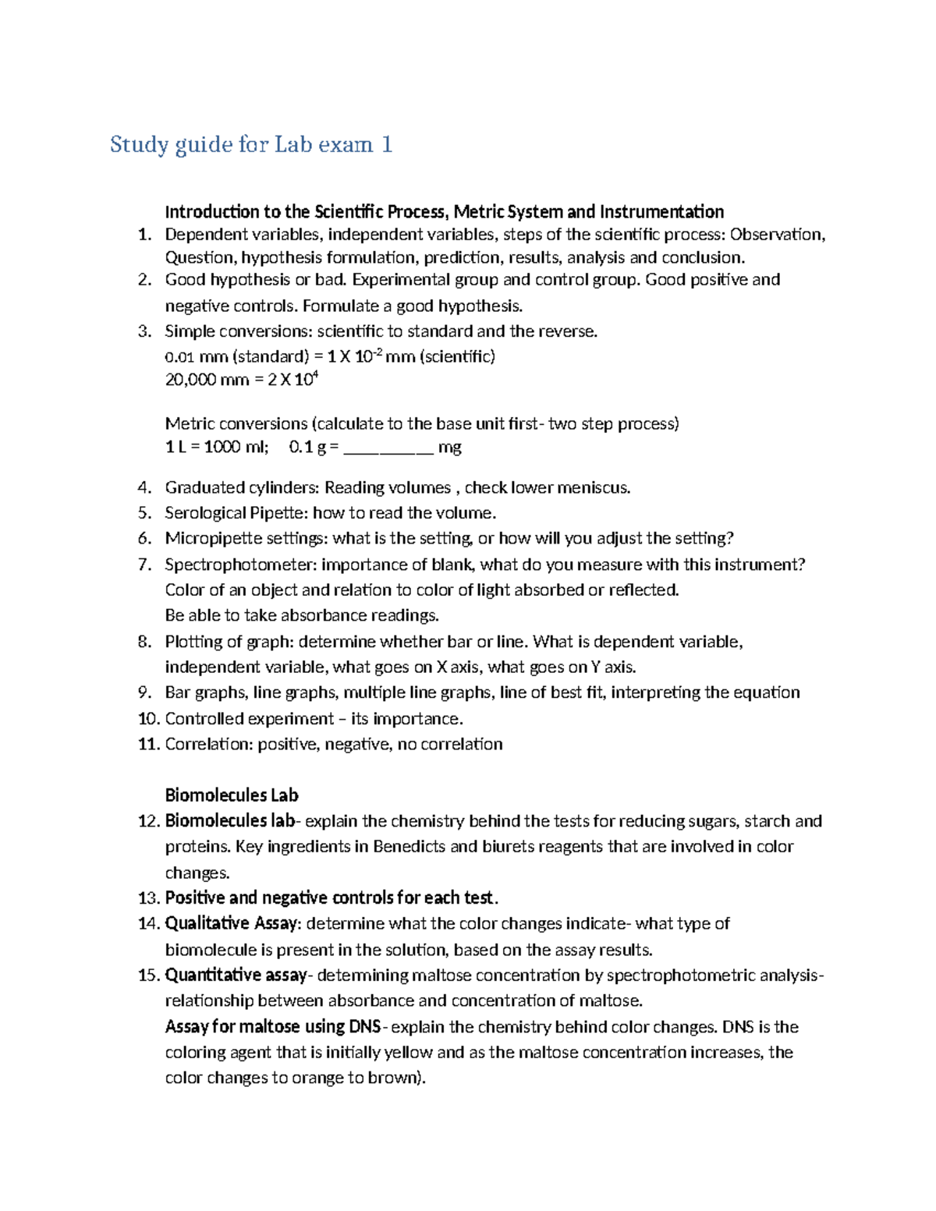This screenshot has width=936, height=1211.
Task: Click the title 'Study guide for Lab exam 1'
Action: pos(250,145)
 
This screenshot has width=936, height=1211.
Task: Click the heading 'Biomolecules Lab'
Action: pos(232,795)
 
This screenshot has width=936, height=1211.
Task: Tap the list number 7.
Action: pos(144,565)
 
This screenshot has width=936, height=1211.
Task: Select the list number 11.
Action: pos(148,744)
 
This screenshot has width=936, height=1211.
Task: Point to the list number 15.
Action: pos(148,976)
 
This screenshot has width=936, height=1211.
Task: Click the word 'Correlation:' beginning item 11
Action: pos(208,744)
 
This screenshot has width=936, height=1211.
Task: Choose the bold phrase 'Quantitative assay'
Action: pos(236,976)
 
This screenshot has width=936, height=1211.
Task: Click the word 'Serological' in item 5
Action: pos(205,513)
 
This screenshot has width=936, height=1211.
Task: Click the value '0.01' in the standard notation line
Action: pos(179,357)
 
